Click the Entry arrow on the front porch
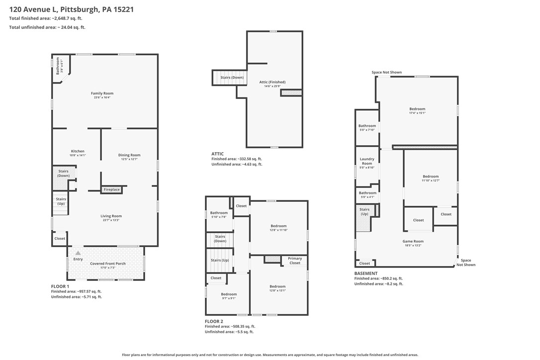(x=78, y=253)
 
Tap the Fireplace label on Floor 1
(x=111, y=189)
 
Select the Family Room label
(x=102, y=93)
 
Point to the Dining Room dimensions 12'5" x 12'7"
(x=129, y=159)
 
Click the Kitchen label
(x=78, y=151)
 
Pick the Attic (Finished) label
(x=272, y=82)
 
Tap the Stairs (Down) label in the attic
(x=232, y=78)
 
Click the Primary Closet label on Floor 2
(x=295, y=261)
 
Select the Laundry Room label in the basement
(x=367, y=161)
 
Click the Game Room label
(x=413, y=242)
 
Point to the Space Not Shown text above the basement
(x=386, y=72)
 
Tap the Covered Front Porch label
(x=108, y=264)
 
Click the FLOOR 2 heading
(x=214, y=321)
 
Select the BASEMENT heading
(x=366, y=273)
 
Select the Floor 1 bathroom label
(x=58, y=66)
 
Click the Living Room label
(x=111, y=216)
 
